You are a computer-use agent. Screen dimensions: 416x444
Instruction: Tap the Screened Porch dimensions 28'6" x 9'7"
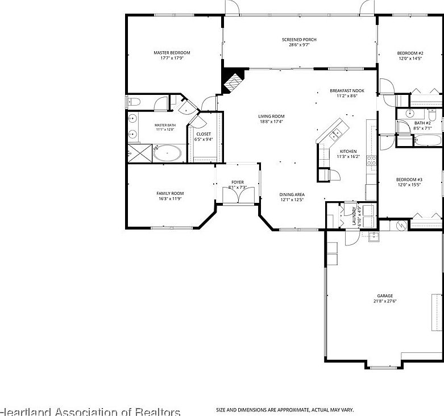[299, 45]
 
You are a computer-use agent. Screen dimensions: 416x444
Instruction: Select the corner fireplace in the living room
[232, 81]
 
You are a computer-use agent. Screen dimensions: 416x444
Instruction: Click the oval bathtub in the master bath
[168, 153]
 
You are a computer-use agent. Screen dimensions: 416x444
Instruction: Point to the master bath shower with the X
[137, 153]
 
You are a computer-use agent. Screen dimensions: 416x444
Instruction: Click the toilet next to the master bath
[134, 102]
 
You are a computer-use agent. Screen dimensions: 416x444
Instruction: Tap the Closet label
[204, 134]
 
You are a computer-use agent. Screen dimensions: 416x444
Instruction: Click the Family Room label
[170, 193]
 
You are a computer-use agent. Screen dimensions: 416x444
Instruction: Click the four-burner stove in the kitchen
[371, 160]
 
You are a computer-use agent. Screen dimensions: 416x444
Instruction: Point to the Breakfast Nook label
[347, 91]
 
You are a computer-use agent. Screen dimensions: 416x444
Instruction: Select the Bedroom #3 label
[409, 180]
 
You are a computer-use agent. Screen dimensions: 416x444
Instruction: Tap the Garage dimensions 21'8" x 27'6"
[385, 301]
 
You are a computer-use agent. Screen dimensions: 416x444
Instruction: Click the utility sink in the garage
[374, 237]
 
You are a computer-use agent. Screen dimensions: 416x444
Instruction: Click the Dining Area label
[292, 194]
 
